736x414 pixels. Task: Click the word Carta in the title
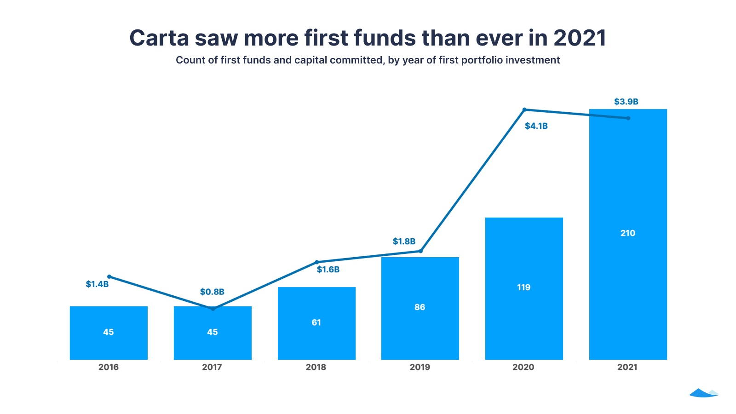click(159, 38)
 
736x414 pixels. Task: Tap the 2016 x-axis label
click(109, 367)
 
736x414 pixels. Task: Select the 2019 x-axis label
click(420, 367)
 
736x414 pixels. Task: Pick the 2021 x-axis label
click(627, 367)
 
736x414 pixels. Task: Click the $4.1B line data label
click(536, 126)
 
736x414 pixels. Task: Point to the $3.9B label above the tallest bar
click(626, 102)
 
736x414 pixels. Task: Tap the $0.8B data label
click(212, 292)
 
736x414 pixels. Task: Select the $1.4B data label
click(97, 284)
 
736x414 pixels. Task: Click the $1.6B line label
click(328, 270)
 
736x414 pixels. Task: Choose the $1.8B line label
click(404, 241)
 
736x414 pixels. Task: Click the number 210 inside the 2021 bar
click(627, 233)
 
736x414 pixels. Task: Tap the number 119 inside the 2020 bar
click(523, 287)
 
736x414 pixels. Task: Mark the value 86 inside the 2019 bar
click(420, 307)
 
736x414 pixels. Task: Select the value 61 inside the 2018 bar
click(316, 322)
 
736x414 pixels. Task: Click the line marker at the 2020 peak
click(524, 109)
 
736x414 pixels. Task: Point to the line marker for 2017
click(213, 309)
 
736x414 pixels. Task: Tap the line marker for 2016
click(109, 276)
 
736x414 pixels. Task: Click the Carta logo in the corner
click(703, 393)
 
